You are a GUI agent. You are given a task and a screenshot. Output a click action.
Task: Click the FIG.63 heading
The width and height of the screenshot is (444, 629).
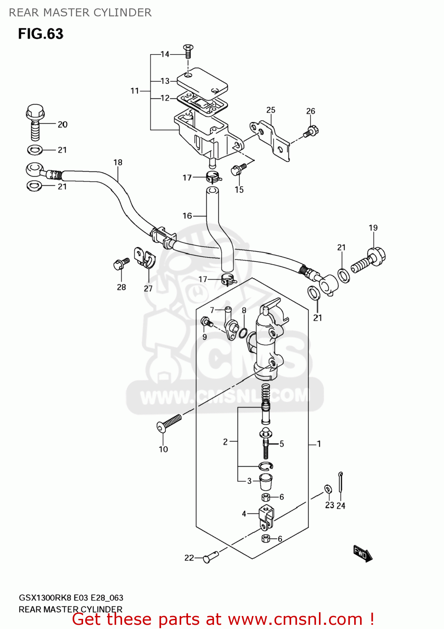pyautogui.click(x=40, y=34)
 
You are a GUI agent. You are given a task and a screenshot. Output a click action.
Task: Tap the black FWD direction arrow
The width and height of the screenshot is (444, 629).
pyautogui.click(x=362, y=554)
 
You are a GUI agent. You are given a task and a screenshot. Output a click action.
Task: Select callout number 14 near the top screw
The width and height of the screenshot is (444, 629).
pyautogui.click(x=165, y=54)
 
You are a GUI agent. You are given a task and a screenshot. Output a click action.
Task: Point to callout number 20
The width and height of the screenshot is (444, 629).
pyautogui.click(x=63, y=125)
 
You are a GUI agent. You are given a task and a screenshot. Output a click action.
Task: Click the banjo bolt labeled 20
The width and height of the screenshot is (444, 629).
pyautogui.click(x=35, y=122)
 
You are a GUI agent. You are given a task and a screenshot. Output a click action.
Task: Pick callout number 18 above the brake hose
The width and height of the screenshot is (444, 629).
pyautogui.click(x=118, y=162)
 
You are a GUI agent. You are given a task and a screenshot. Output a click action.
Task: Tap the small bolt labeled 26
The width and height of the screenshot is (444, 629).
pyautogui.click(x=311, y=131)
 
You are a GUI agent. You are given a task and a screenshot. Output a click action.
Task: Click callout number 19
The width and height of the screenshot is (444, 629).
pyautogui.click(x=373, y=228)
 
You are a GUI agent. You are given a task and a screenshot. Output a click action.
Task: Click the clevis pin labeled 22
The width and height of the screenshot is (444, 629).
pyautogui.click(x=211, y=556)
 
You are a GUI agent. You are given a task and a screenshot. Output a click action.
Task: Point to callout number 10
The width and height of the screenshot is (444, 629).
pyautogui.click(x=163, y=449)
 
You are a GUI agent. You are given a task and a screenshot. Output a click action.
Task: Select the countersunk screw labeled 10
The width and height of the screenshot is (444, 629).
pyautogui.click(x=169, y=423)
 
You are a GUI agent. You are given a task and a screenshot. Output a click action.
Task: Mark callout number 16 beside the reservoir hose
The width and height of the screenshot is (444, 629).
pyautogui.click(x=187, y=216)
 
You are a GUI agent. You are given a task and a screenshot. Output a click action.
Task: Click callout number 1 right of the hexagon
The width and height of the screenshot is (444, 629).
pyautogui.click(x=319, y=444)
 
